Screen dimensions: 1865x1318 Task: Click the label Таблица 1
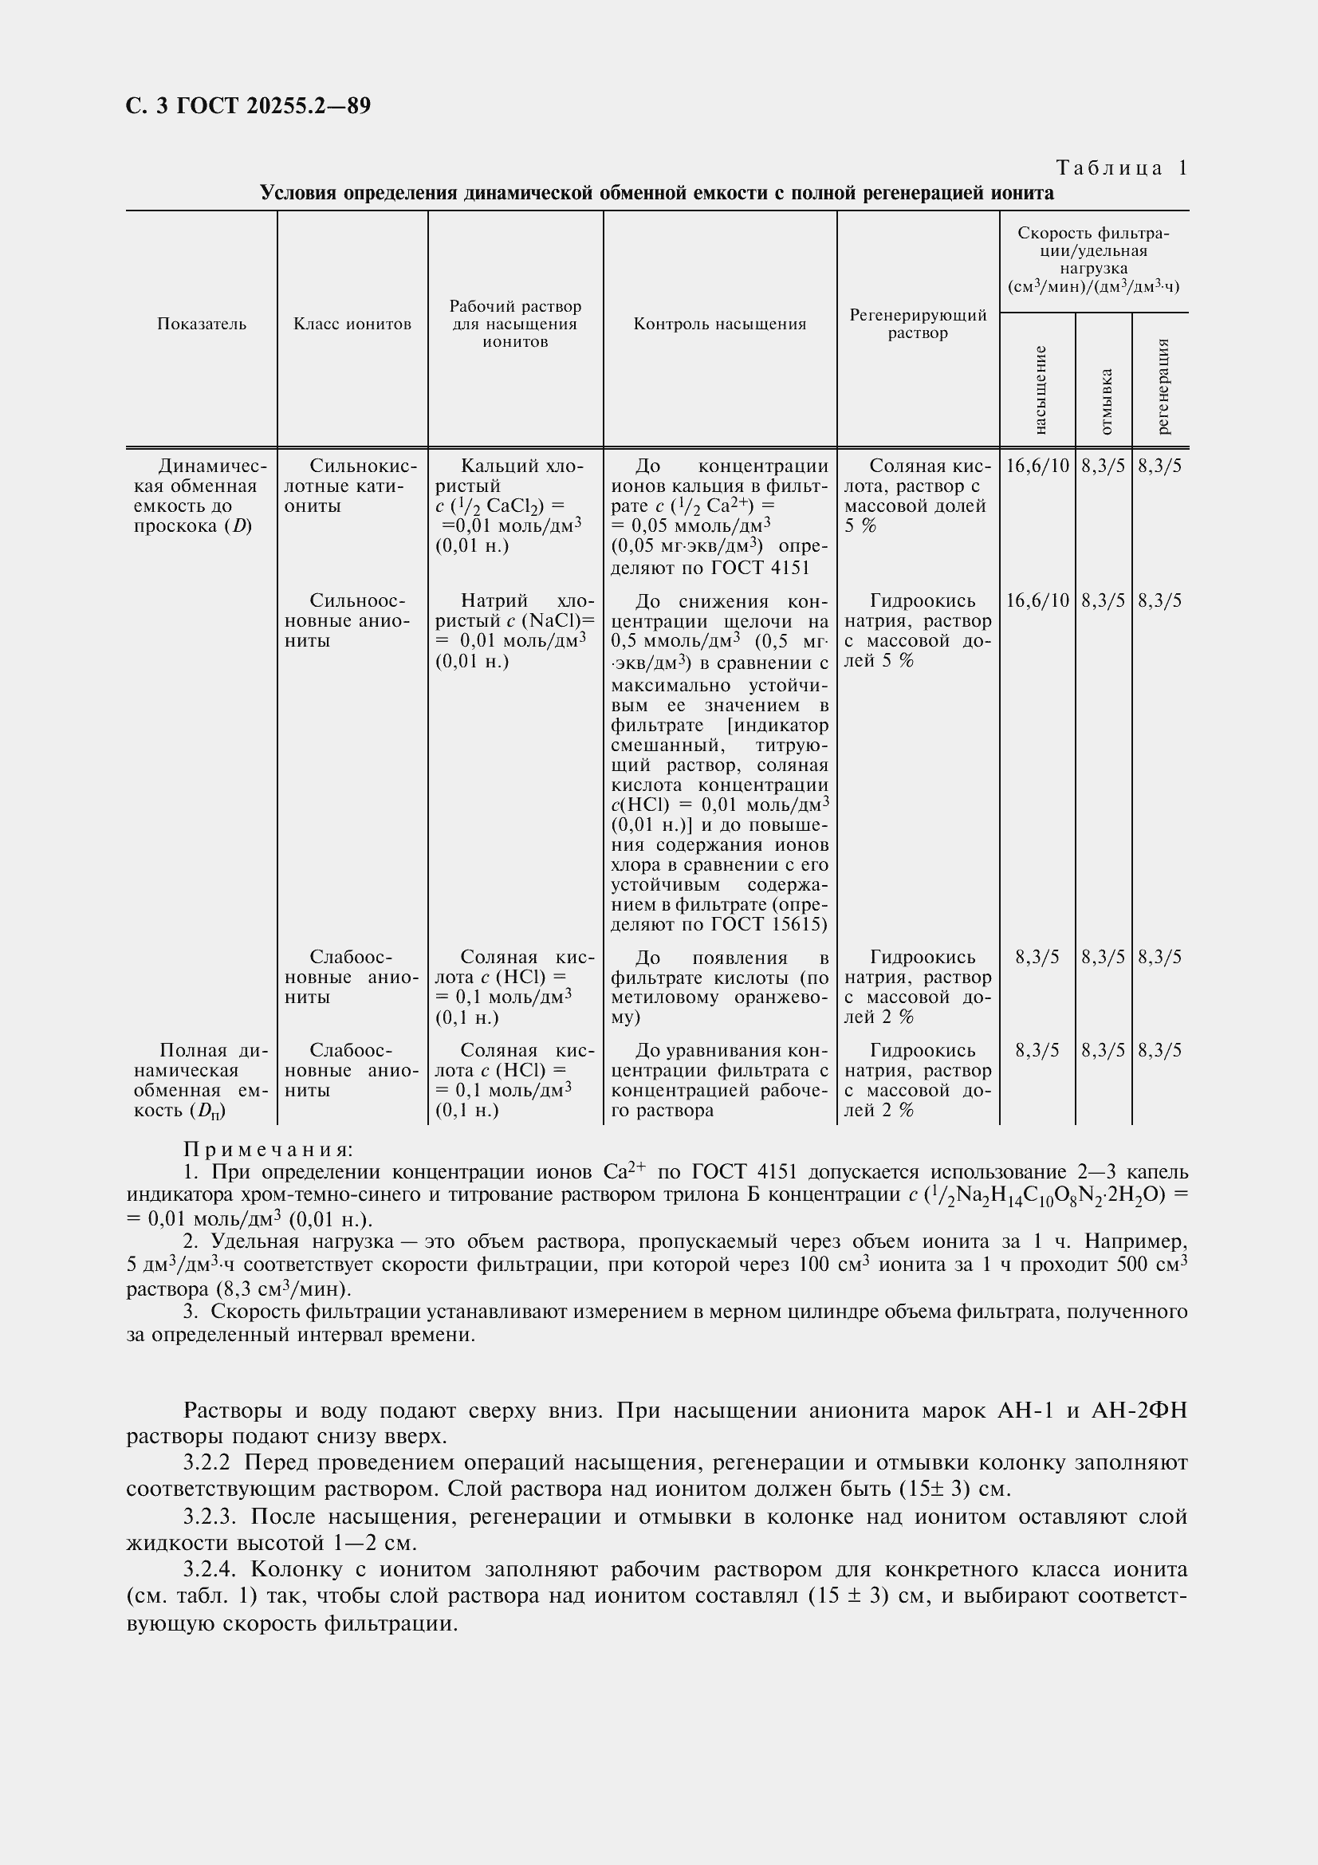pyautogui.click(x=1122, y=168)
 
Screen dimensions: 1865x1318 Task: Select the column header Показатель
pyautogui.click(x=202, y=324)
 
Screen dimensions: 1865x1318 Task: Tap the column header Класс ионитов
pyautogui.click(x=352, y=324)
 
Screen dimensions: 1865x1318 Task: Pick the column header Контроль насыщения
pyautogui.click(x=719, y=324)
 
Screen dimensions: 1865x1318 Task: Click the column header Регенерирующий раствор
pyautogui.click(x=918, y=324)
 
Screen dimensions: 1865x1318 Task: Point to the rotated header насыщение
pyautogui.click(x=1040, y=389)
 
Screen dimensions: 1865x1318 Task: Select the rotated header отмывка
pyautogui.click(x=1105, y=401)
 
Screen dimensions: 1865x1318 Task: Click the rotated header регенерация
pyautogui.click(x=1162, y=386)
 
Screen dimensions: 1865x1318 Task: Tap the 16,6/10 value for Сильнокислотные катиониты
pyautogui.click(x=1038, y=466)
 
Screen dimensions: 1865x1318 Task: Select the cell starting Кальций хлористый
pyautogui.click(x=515, y=506)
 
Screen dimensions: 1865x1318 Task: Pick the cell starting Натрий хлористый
pyautogui.click(x=515, y=631)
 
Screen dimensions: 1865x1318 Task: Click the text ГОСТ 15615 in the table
pyautogui.click(x=768, y=924)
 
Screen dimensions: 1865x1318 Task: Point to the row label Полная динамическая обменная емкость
pyautogui.click(x=202, y=1080)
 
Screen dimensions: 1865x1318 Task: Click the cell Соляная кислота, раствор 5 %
pyautogui.click(x=918, y=495)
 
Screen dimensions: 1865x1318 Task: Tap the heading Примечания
pyautogui.click(x=268, y=1150)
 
